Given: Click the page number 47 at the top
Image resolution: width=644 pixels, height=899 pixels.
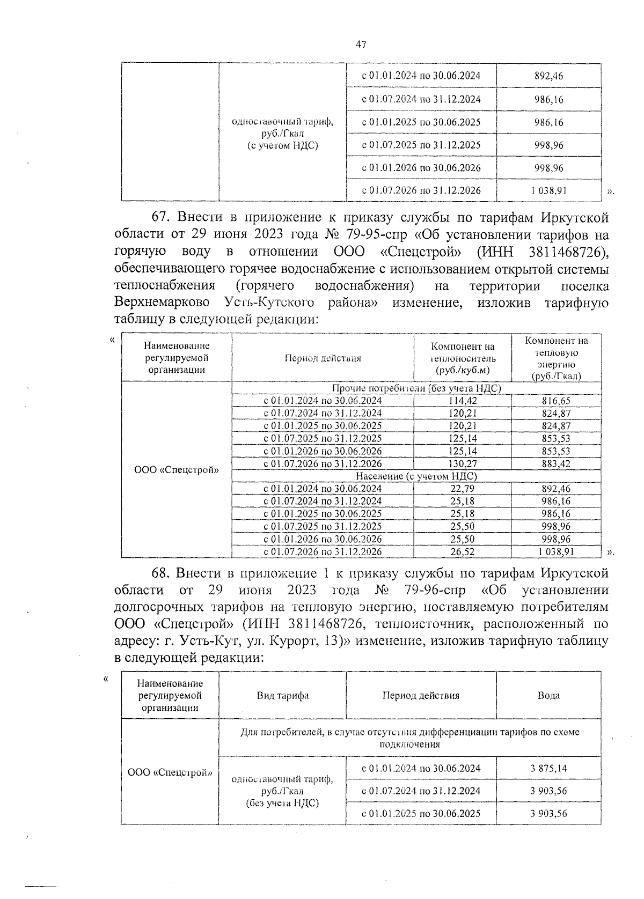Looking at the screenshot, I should (361, 45).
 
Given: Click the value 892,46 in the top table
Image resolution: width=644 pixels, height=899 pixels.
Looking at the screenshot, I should (548, 76).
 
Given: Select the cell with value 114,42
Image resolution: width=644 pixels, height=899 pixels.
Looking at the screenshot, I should (462, 401).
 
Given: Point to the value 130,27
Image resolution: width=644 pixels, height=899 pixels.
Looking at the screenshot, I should (462, 463).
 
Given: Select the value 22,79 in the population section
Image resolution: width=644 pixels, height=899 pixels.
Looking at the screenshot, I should (462, 489).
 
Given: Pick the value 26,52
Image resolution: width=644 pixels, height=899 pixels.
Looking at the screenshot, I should (462, 551).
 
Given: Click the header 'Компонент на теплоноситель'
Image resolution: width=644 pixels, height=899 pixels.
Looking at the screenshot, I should (463, 358).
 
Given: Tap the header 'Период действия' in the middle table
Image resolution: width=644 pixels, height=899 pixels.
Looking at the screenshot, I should (323, 358).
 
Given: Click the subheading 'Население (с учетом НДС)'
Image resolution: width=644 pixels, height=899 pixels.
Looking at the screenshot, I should (416, 476).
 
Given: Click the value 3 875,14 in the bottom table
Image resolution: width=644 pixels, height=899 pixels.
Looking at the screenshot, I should (548, 768).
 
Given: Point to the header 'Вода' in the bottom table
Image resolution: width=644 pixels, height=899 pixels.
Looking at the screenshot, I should (548, 695).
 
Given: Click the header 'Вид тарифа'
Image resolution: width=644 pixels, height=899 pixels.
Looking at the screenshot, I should (282, 696).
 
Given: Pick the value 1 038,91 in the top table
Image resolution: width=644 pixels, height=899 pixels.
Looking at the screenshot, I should (548, 190).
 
